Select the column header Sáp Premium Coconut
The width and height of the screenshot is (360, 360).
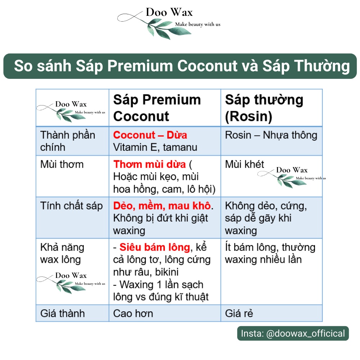click(157, 108)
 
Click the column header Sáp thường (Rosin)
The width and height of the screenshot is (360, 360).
click(264, 108)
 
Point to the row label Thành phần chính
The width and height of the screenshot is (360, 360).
click(68, 141)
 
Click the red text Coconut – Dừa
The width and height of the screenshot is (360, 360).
click(150, 135)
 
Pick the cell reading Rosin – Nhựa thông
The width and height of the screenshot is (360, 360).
click(271, 135)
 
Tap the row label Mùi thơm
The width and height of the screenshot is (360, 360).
click(62, 165)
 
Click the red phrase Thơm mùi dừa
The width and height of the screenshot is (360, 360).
click(150, 165)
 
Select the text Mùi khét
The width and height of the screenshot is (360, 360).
click(244, 165)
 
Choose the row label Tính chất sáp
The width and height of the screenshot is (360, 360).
click(72, 206)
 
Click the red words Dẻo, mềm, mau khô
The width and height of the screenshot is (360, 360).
click(162, 206)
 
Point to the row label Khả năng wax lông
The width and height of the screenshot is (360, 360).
click(62, 253)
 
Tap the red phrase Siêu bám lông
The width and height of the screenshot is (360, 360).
click(154, 247)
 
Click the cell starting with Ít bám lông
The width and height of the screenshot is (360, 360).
click(270, 253)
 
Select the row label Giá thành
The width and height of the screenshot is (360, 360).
click(63, 313)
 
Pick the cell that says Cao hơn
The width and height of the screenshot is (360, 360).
click(133, 313)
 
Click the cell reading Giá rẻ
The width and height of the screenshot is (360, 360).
click(239, 313)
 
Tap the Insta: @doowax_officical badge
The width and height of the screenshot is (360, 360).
click(293, 333)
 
